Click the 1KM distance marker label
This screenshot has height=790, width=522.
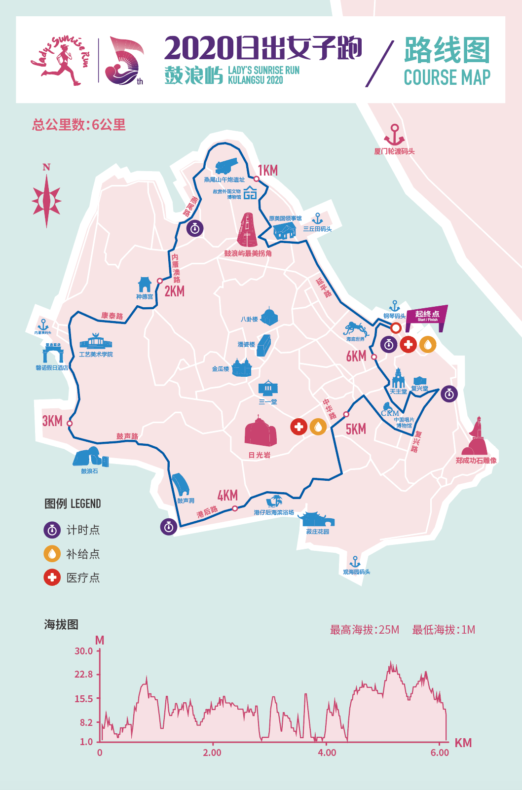(x=268, y=171)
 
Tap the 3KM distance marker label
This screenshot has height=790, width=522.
(x=52, y=421)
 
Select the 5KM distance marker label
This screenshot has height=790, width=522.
(x=356, y=429)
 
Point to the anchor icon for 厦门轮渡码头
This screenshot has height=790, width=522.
(x=394, y=134)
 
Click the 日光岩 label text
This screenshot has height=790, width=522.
(x=260, y=455)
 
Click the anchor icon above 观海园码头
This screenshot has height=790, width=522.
(x=355, y=562)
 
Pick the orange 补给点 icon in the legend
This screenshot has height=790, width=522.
(x=52, y=554)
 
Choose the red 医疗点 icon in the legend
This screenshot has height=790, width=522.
(x=52, y=577)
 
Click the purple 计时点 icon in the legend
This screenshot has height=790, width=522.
(x=52, y=530)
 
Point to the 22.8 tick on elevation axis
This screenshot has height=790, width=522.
(x=83, y=675)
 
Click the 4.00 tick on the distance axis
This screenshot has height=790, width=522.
(x=327, y=753)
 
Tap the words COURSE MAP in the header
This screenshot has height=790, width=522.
(x=447, y=78)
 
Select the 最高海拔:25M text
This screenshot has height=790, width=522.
(x=364, y=630)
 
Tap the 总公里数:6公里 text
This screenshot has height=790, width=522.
(x=79, y=125)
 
